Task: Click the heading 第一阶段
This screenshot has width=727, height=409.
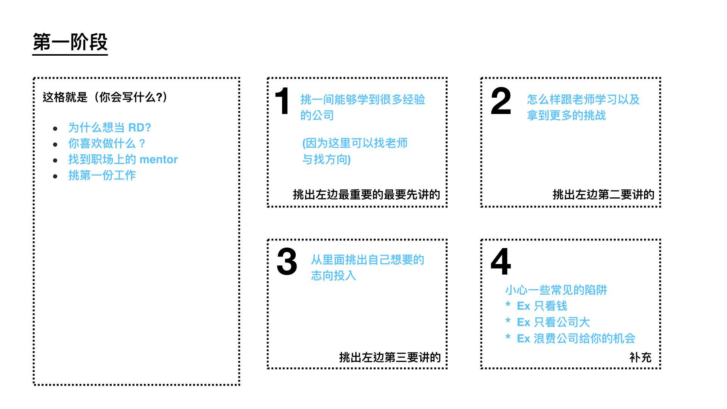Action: [x=70, y=42]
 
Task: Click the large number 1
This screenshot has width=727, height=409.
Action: [x=282, y=101]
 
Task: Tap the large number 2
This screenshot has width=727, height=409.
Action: [x=501, y=101]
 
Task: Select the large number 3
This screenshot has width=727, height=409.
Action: [x=287, y=262]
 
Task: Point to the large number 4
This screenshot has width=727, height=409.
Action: [x=501, y=262]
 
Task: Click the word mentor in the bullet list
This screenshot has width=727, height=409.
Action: [x=159, y=159]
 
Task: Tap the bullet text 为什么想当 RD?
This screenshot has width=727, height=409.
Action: [x=109, y=128]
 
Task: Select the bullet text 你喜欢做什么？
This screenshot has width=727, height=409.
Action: [x=106, y=144]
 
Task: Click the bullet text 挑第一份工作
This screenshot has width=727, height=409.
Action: [x=102, y=175]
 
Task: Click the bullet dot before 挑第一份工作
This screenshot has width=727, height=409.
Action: [x=55, y=176]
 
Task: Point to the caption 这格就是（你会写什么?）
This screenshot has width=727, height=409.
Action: [x=105, y=97]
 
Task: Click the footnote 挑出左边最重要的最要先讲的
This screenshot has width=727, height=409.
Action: [x=366, y=195]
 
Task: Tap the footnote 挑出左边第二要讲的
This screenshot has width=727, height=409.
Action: [x=603, y=195]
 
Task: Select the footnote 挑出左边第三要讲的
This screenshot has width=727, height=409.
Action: [x=390, y=357]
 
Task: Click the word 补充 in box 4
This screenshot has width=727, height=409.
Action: [x=640, y=357]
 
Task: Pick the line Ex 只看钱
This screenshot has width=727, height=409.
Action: [x=542, y=306]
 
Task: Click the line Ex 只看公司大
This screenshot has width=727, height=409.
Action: [x=553, y=322]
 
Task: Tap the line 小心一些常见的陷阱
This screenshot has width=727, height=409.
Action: [x=556, y=290]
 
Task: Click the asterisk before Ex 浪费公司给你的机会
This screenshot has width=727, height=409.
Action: [x=508, y=337]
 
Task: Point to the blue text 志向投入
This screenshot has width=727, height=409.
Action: [x=333, y=276]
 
